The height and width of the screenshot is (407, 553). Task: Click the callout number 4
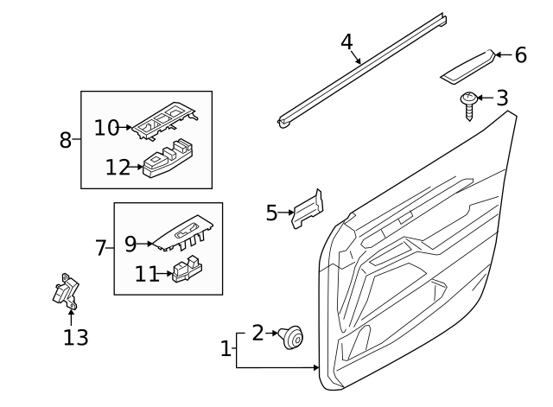pyautogui.click(x=346, y=41)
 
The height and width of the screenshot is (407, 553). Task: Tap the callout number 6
pyautogui.click(x=520, y=55)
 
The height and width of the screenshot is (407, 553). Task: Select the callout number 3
pyautogui.click(x=502, y=99)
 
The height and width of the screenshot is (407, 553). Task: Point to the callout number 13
pyautogui.click(x=76, y=337)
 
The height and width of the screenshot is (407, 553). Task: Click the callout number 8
pyautogui.click(x=66, y=139)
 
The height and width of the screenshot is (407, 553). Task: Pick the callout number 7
pyautogui.click(x=100, y=249)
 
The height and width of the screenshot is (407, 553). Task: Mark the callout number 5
pyautogui.click(x=272, y=213)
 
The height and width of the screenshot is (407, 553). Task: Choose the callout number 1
pyautogui.click(x=226, y=349)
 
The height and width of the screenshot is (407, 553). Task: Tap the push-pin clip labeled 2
pyautogui.click(x=292, y=338)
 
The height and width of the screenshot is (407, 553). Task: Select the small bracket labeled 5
pyautogui.click(x=308, y=210)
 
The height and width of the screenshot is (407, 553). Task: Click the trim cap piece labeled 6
pyautogui.click(x=467, y=67)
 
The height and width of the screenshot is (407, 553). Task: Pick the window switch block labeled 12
pyautogui.click(x=168, y=161)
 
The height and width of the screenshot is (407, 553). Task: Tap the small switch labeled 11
pyautogui.click(x=187, y=270)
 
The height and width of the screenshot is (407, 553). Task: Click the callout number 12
pyautogui.click(x=118, y=167)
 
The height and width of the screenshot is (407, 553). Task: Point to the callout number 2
pyautogui.click(x=257, y=333)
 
